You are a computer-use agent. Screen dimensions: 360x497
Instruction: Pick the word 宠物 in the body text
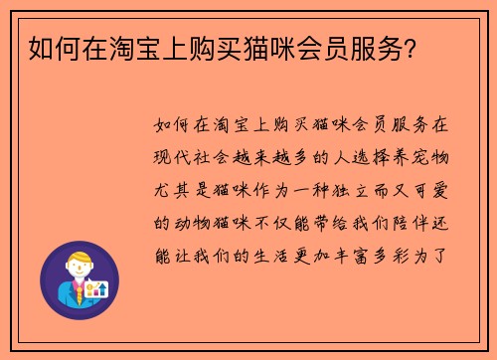coord(434,156)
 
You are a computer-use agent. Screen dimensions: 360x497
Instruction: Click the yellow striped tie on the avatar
coord(76,291)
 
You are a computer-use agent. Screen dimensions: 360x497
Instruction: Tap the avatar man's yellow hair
coord(74,261)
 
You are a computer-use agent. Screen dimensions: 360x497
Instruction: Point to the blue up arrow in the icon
coord(101,287)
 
